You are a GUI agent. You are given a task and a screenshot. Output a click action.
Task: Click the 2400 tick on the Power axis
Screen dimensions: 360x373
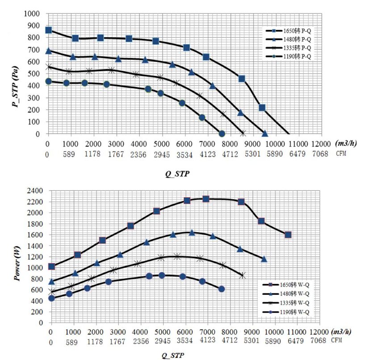pos(35,191)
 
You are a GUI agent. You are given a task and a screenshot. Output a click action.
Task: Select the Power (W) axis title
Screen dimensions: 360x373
pos(17,257)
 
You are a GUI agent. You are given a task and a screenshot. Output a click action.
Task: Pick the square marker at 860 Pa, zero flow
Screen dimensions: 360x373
pos(48,30)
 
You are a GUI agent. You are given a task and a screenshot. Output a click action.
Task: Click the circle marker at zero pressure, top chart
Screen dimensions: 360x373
pos(222,134)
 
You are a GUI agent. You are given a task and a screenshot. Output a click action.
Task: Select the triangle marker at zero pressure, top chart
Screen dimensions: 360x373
pos(265,134)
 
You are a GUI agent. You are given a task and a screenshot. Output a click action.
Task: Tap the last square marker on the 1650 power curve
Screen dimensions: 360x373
pos(288,234)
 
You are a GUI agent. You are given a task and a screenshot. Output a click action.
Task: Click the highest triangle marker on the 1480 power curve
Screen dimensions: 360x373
pos(192,233)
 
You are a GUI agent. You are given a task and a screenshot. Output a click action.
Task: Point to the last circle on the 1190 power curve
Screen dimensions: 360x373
pos(222,289)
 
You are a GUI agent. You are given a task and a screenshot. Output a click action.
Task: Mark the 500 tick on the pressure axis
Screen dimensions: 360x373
pos(38,73)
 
